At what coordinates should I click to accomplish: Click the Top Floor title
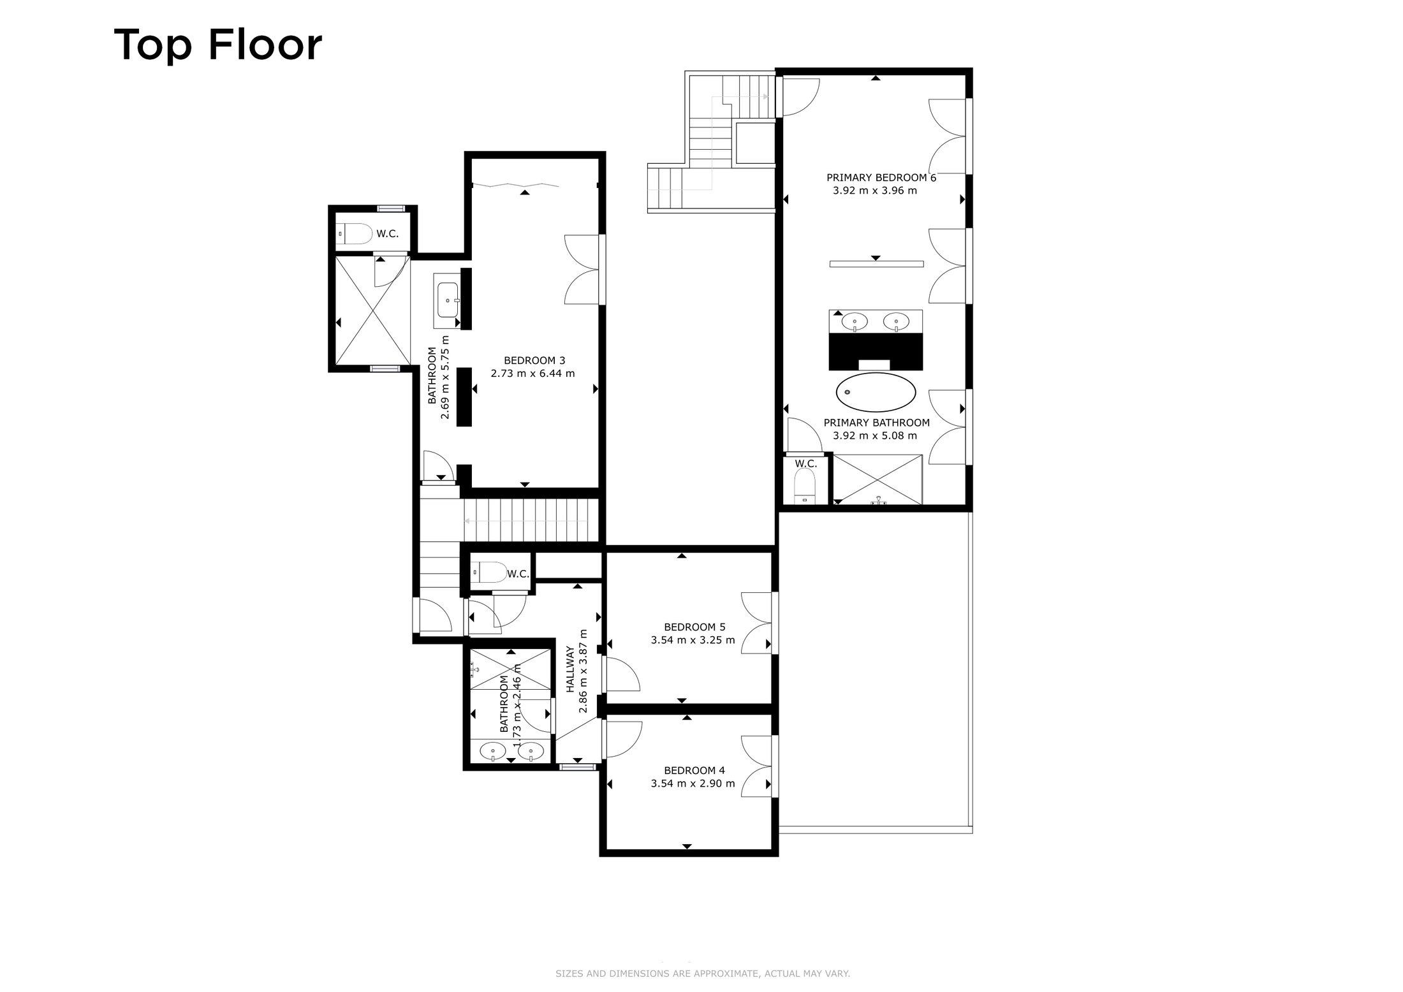[x=218, y=45]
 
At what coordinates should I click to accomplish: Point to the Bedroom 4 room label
[x=694, y=770]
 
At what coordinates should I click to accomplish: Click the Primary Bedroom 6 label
[x=881, y=178]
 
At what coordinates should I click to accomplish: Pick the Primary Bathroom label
[x=877, y=423]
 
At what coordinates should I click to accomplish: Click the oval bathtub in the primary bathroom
[x=876, y=391]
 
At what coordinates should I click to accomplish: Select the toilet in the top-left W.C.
[x=355, y=234]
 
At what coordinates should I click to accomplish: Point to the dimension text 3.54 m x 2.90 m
[x=693, y=784]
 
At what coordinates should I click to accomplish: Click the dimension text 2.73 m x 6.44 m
[x=533, y=374]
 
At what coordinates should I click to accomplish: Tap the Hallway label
[x=571, y=669]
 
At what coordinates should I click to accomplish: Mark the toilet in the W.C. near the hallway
[x=488, y=572]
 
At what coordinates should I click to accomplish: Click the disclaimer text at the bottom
[x=703, y=974]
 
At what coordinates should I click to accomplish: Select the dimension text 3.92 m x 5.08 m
[x=875, y=436]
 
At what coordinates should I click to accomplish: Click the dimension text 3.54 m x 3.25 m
[x=693, y=640]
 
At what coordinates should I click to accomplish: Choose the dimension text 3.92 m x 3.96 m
[x=875, y=191]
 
